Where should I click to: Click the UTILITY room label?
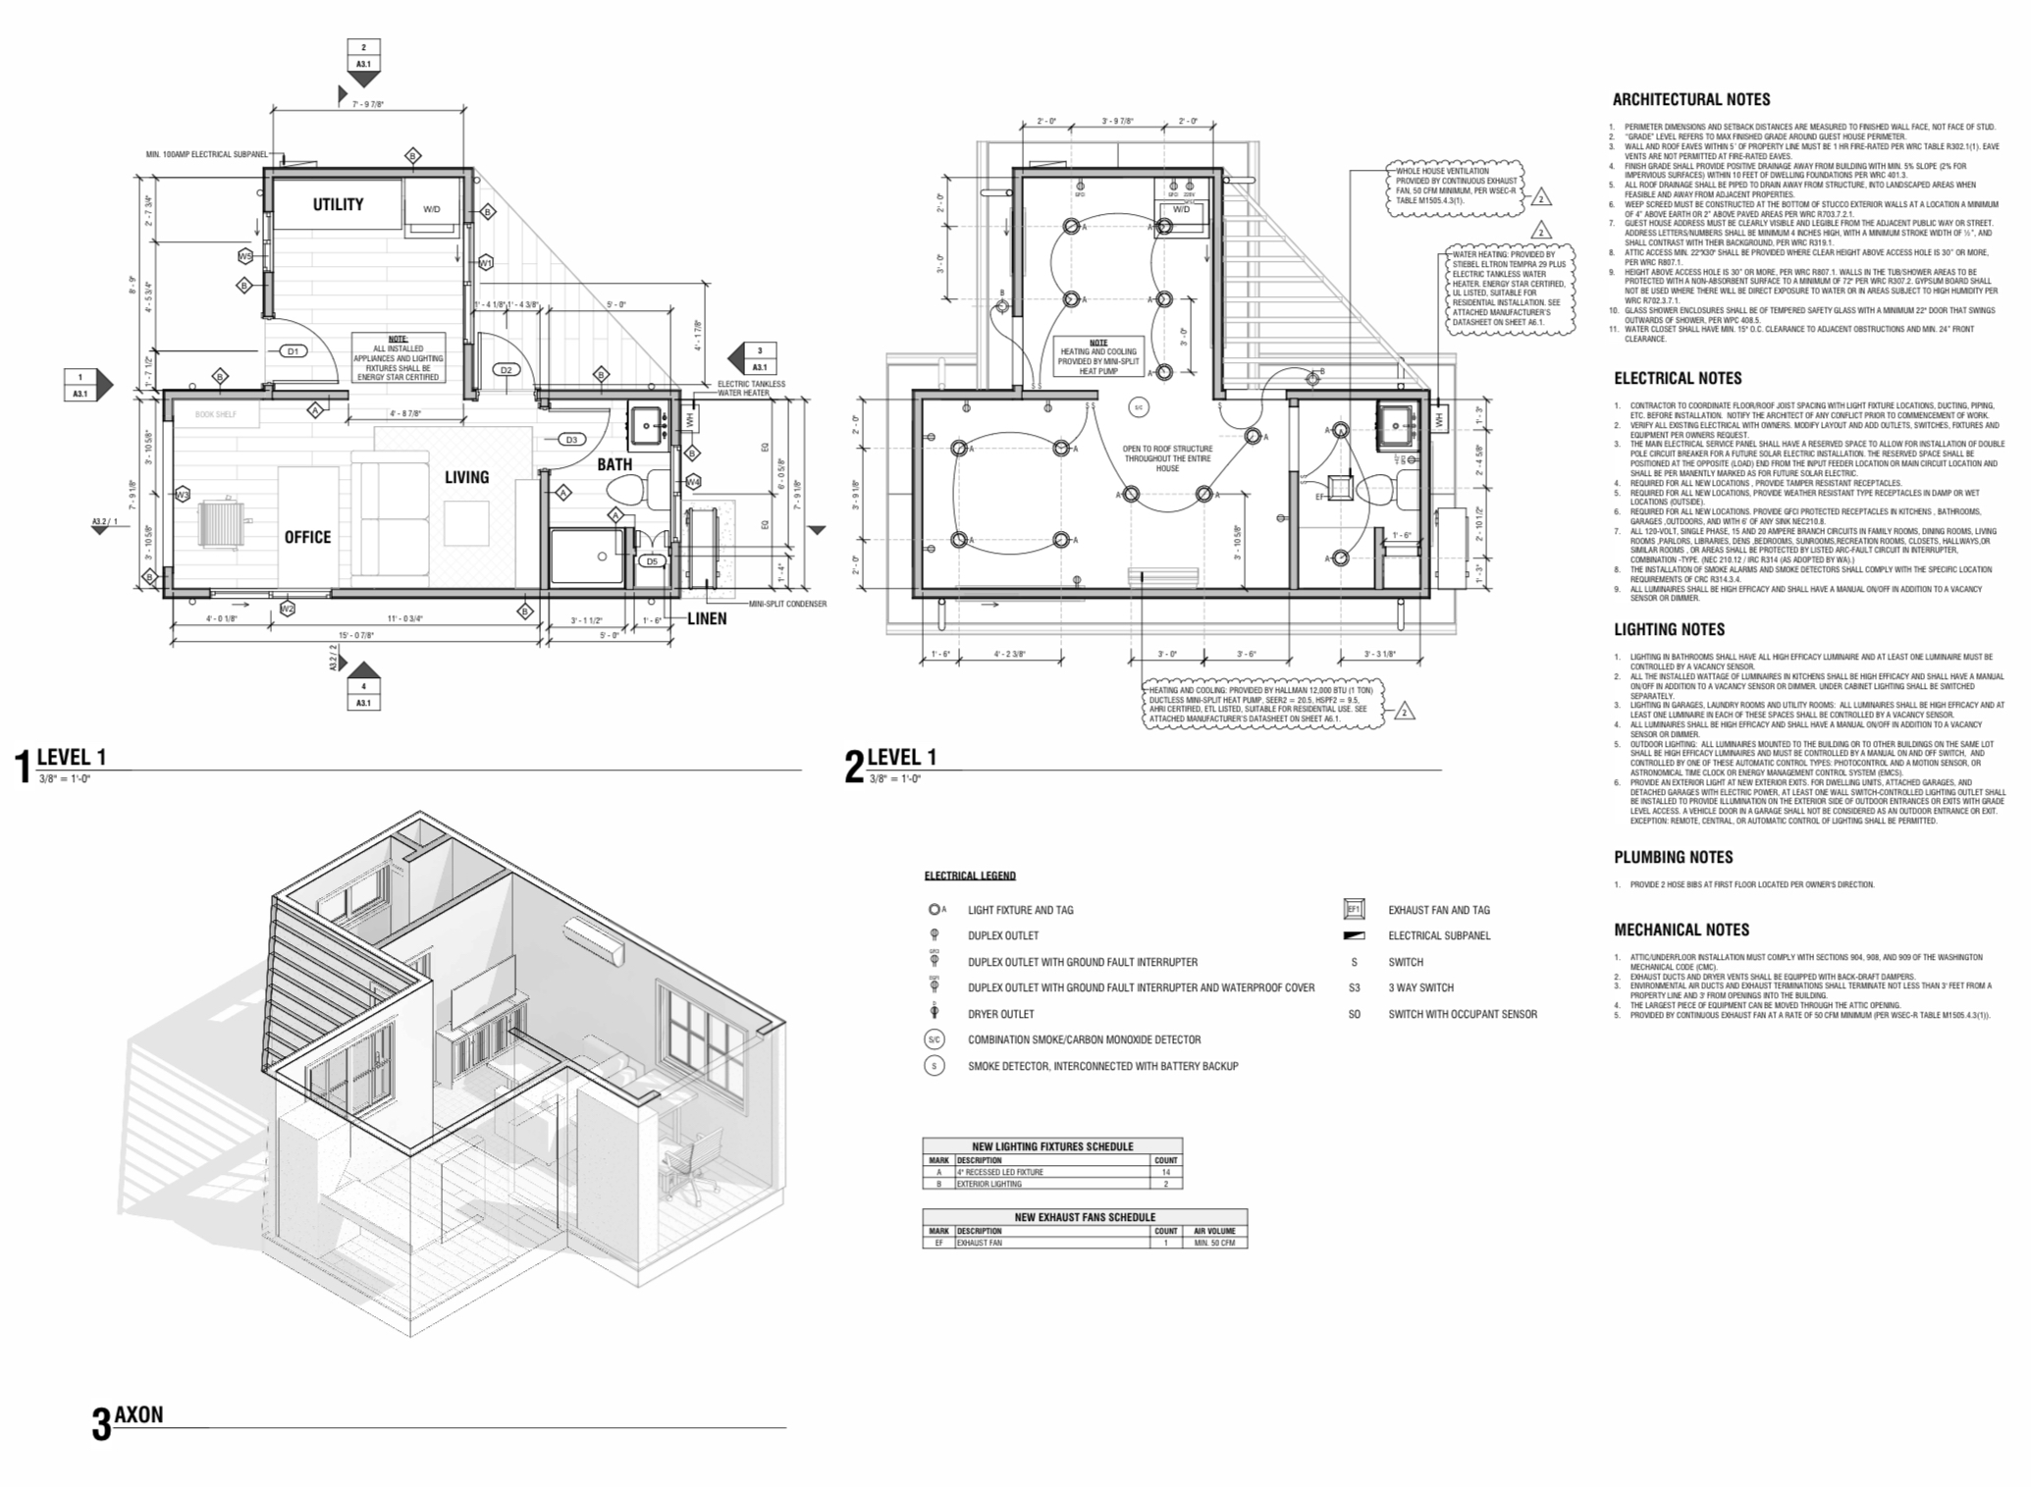[338, 205]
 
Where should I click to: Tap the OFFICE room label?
[307, 537]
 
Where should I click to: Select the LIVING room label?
[466, 477]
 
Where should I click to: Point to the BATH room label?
[615, 464]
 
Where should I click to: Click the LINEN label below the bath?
[707, 618]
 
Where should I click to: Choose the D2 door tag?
[506, 370]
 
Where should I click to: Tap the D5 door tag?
[652, 561]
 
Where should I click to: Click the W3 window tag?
[183, 495]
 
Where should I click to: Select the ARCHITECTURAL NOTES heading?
[1691, 99]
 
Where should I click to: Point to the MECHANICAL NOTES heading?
[1682, 929]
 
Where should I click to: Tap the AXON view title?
[138, 1414]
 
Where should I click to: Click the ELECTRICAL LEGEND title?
[970, 876]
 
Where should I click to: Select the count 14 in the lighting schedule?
[1166, 1172]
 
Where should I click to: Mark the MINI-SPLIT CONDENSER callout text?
[787, 604]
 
